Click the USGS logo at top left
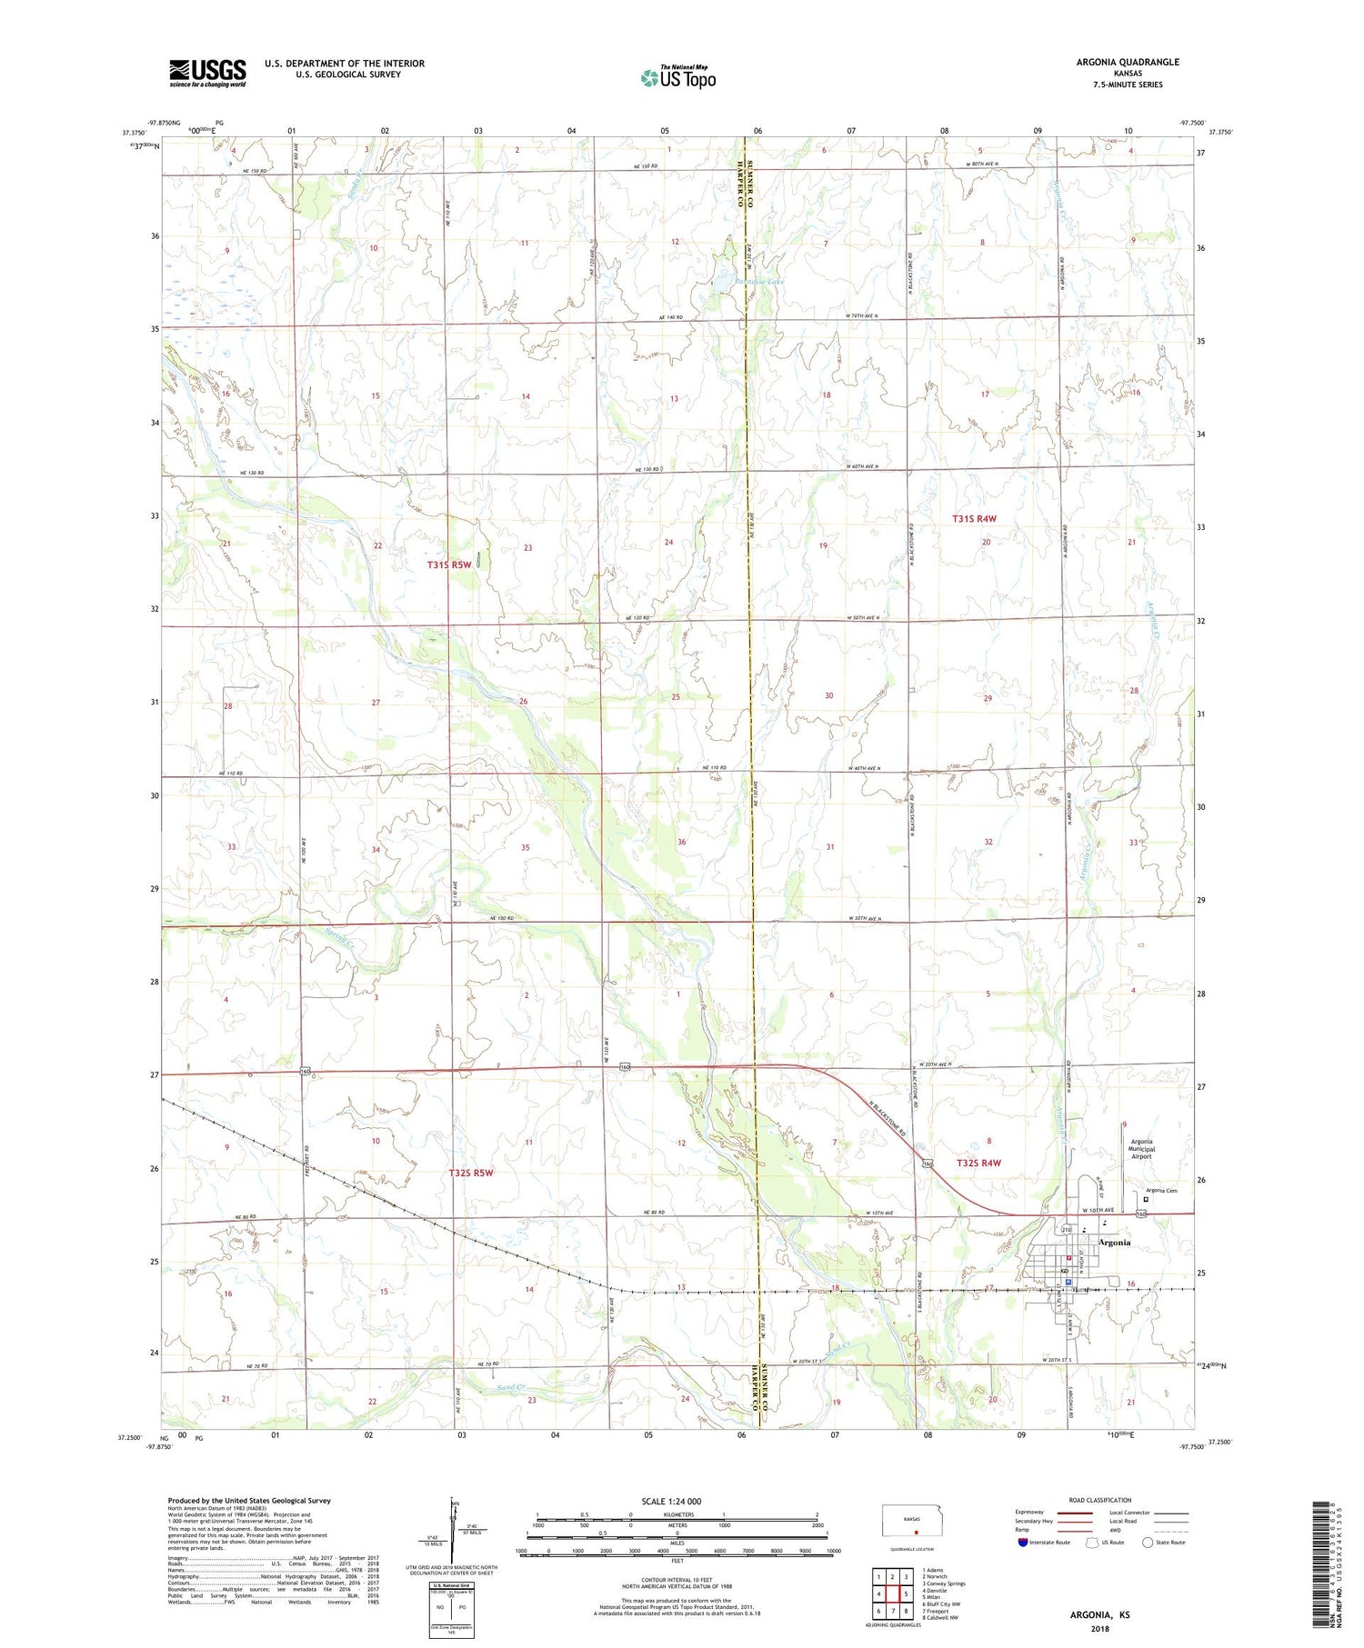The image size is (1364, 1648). (207, 73)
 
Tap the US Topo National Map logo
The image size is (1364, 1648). (677, 77)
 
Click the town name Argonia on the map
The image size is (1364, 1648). (1115, 1243)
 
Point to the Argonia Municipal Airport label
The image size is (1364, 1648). (1141, 1149)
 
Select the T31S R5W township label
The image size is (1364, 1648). (449, 564)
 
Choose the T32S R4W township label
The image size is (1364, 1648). (978, 1164)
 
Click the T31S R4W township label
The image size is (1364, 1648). (975, 519)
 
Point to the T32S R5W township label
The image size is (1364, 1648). (471, 1173)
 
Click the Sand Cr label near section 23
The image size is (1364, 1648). (511, 1388)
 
